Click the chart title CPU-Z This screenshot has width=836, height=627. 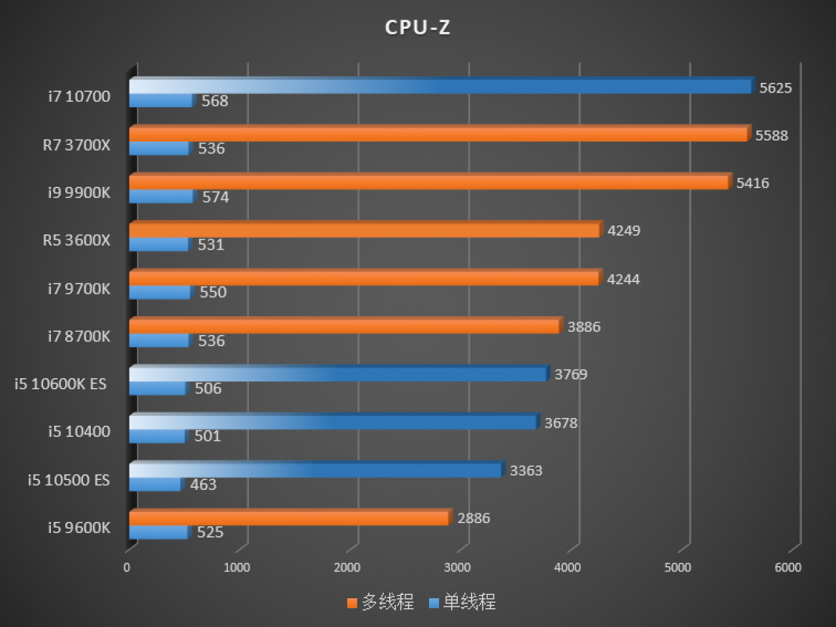(x=418, y=27)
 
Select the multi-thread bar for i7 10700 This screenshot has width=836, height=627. (x=442, y=86)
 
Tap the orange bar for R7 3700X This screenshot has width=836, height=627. (x=440, y=134)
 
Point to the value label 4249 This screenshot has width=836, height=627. (x=624, y=231)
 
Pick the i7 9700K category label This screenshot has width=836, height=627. (x=79, y=289)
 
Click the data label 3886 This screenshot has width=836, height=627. (x=584, y=327)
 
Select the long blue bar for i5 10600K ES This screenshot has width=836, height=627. (x=340, y=374)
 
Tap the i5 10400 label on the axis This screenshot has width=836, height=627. (x=79, y=432)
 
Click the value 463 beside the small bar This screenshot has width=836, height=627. (x=203, y=485)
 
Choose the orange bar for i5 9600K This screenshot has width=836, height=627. (x=291, y=517)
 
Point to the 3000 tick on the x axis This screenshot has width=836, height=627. (x=457, y=568)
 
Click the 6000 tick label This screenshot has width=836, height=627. (x=788, y=568)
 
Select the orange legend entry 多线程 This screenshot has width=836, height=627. (x=381, y=602)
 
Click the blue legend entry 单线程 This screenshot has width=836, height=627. (x=462, y=602)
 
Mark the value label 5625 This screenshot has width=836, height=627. (x=775, y=88)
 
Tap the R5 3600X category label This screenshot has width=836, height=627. (x=76, y=240)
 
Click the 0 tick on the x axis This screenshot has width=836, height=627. (x=127, y=568)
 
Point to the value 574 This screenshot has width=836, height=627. (x=216, y=197)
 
